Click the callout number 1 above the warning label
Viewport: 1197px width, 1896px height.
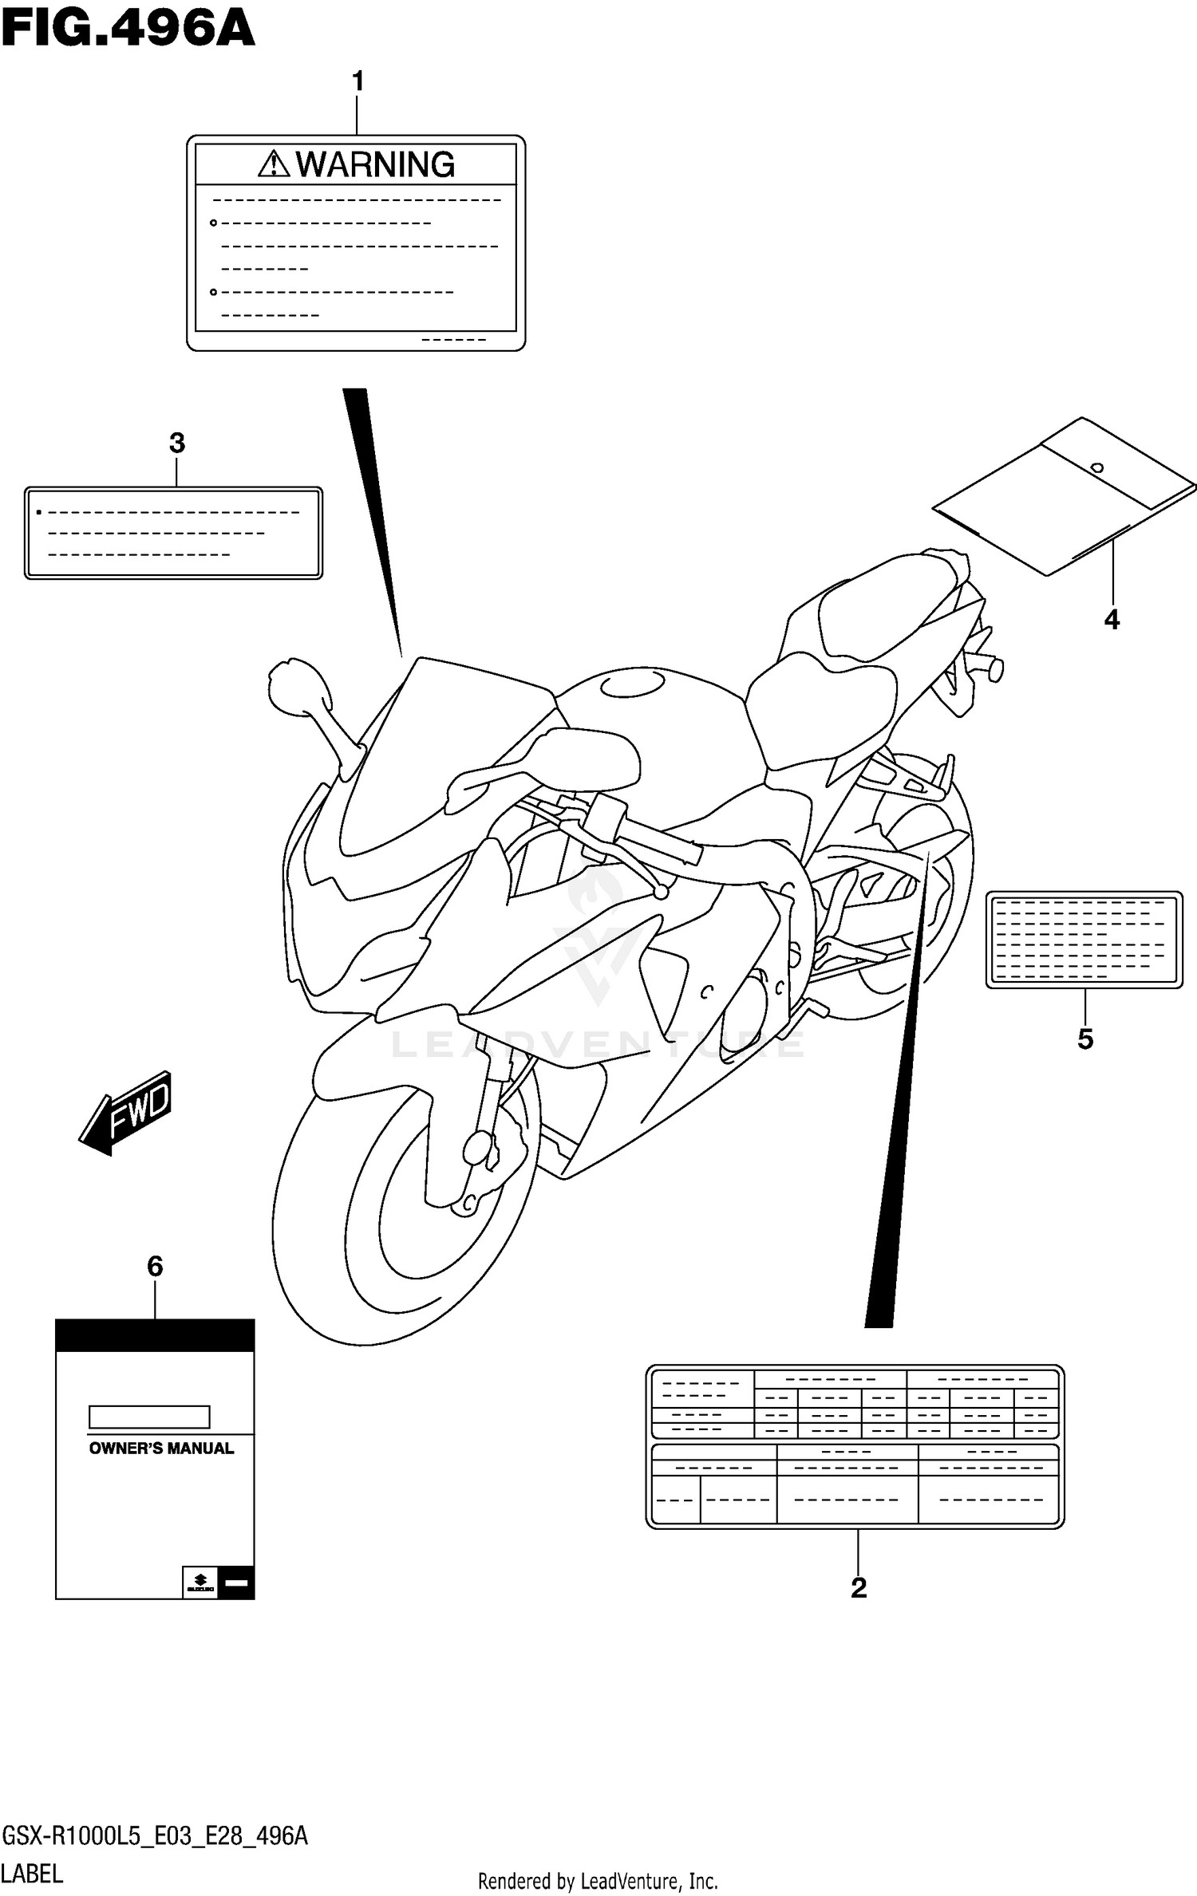pos(358,81)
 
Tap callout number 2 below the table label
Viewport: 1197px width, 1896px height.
pos(859,1587)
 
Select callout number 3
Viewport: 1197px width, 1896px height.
pos(177,443)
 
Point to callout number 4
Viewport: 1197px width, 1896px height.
pos(1112,619)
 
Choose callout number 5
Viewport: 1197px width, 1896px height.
pos(1084,1039)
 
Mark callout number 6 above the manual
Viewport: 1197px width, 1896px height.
pos(155,1266)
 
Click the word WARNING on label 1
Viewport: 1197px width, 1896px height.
pos(375,165)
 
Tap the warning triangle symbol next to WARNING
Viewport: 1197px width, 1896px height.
pos(274,164)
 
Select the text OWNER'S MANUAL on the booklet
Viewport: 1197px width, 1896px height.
pos(161,1449)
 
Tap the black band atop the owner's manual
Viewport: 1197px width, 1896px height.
pos(155,1335)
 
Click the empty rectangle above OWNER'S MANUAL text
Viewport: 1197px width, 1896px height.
pos(149,1417)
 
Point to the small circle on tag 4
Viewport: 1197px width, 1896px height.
pos(1097,467)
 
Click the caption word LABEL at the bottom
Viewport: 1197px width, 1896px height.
pos(32,1873)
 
